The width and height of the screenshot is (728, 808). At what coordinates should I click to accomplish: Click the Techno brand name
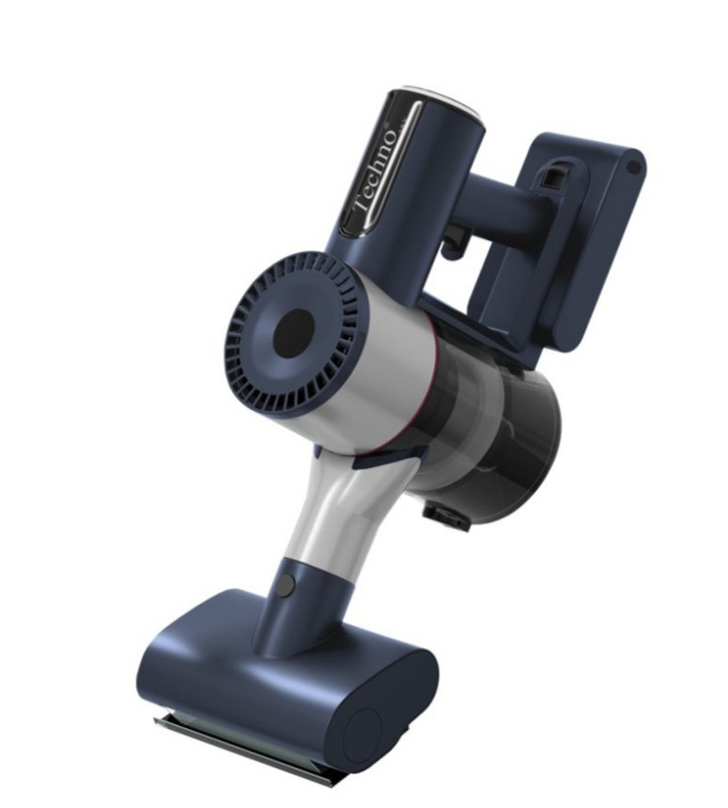coord(377,172)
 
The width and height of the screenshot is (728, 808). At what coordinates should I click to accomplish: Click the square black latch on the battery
coord(555,178)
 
